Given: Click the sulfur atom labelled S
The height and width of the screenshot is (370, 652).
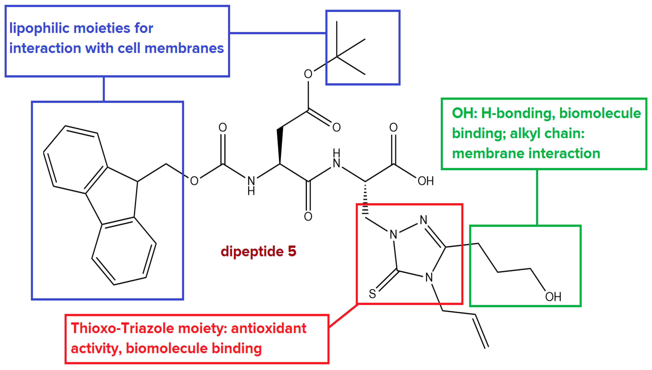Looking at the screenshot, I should pos(372,294).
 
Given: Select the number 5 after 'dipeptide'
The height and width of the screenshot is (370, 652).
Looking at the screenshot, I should pos(292,251).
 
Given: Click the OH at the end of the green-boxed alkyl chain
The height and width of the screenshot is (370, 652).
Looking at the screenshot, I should pos(553,297).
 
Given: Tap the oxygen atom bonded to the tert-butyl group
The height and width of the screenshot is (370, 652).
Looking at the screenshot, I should pos(308,74).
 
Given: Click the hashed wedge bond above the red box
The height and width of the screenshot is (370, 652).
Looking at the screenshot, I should pos(365,201).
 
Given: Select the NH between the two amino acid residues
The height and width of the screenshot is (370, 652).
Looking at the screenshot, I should pos(336,159).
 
